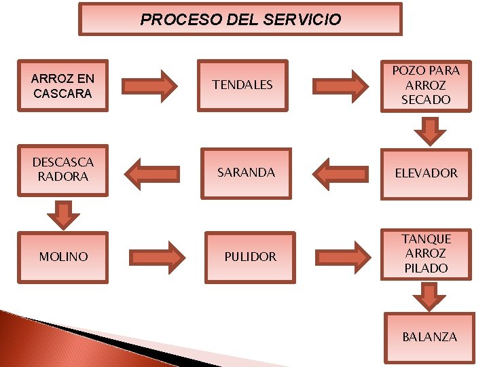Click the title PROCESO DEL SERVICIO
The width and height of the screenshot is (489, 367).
tap(240, 19)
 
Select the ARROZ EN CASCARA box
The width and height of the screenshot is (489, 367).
tap(63, 85)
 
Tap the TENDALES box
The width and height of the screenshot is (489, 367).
tap(242, 85)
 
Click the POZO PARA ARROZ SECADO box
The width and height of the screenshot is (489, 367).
tap(426, 85)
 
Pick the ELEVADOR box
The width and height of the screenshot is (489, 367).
tap(426, 173)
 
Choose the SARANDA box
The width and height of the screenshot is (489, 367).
tap(246, 173)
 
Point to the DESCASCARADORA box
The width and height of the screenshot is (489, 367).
tap(63, 170)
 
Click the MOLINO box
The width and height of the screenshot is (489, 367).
tap(63, 256)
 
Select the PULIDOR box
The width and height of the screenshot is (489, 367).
tap(251, 256)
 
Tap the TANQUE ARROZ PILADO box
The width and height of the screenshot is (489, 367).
tap(426, 254)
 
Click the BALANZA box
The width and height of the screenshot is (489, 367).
tap(429, 337)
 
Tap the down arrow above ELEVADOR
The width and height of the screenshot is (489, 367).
tap(427, 130)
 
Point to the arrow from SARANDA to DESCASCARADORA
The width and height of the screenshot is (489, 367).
tap(154, 173)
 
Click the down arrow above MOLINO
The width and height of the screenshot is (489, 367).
tap(63, 214)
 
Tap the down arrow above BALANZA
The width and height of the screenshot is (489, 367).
tap(429, 296)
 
